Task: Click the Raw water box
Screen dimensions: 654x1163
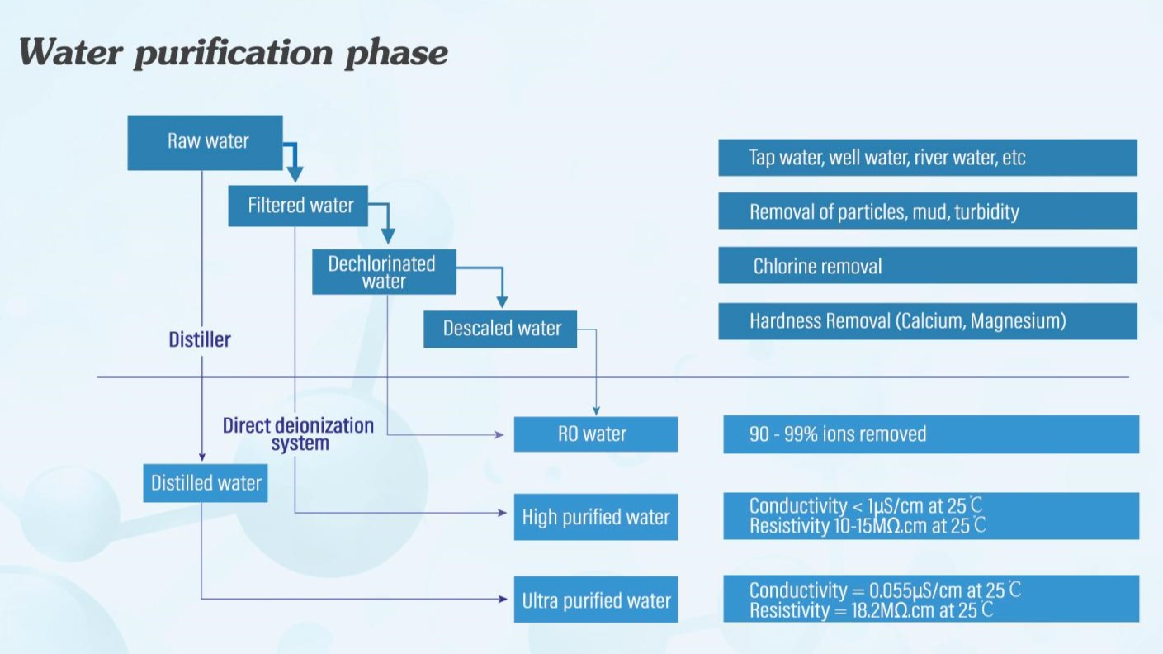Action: (206, 142)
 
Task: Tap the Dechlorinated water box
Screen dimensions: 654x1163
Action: (384, 271)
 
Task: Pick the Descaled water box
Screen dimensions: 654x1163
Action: (500, 329)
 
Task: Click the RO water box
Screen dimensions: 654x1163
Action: (595, 434)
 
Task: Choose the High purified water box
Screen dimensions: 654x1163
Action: (595, 518)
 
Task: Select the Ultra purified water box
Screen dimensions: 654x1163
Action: (595, 600)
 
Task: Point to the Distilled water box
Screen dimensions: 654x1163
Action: (206, 483)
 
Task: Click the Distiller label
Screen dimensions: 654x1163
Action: (200, 339)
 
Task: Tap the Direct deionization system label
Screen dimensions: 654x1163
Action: (299, 434)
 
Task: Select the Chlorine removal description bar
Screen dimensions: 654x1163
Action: (927, 266)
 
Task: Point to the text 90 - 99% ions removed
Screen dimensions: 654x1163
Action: (837, 434)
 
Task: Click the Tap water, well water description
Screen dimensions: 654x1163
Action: (886, 158)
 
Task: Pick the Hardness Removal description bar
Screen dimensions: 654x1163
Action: (927, 321)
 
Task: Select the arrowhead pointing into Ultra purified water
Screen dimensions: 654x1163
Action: (503, 599)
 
